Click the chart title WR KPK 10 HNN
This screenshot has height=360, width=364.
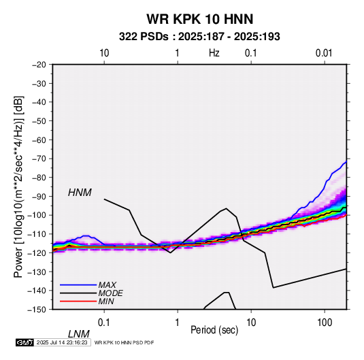pos(199,19)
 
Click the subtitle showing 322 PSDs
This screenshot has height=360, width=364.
pos(199,37)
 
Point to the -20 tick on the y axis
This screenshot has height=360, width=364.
pos(39,65)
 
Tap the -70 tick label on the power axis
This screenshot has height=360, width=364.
pos(39,159)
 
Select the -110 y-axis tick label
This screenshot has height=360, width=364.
pos(37,234)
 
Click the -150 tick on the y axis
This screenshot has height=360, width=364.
pos(37,310)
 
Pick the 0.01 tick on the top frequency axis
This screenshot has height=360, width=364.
pos(324,53)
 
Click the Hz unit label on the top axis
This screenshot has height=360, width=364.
pos(214,53)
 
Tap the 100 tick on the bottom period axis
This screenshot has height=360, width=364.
pos(325,323)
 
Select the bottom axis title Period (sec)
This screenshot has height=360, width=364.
pos(214,330)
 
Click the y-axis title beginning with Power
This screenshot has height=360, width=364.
pos(18,186)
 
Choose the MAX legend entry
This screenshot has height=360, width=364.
pos(107,284)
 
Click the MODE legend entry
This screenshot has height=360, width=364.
pos(110,293)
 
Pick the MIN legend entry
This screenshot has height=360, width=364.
pos(106,301)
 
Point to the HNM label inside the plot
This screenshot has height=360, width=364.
pos(80,193)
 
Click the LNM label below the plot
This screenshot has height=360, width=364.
pos(78,334)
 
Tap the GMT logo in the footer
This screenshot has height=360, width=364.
pos(25,342)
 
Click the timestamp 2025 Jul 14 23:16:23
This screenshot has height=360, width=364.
pos(62,342)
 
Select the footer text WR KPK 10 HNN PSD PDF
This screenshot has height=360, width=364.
pos(125,342)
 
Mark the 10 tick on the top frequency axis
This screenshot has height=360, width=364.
pos(104,53)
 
